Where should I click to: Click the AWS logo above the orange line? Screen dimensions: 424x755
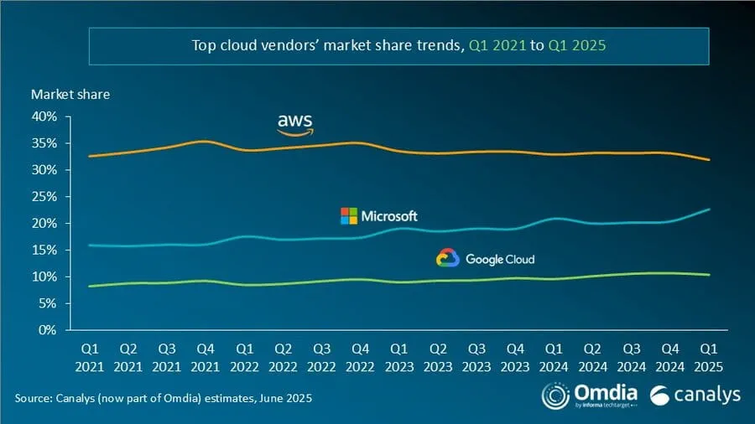click(x=295, y=124)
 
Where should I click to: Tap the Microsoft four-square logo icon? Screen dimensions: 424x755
click(x=348, y=216)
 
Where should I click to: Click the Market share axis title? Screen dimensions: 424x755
click(x=70, y=95)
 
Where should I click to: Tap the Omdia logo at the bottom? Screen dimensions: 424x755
click(x=588, y=395)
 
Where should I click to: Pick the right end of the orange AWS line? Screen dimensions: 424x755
click(x=710, y=159)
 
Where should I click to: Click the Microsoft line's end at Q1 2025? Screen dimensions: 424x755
click(x=710, y=209)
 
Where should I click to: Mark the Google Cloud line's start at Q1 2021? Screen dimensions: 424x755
click(x=90, y=286)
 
